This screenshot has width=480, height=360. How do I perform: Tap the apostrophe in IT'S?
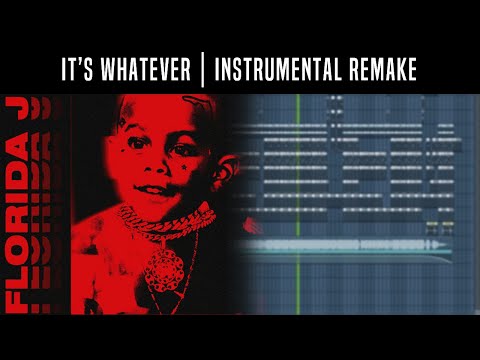[x=81, y=63]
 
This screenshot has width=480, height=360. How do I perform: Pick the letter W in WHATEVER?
[x=113, y=69]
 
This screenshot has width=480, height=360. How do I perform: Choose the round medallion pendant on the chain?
[x=164, y=264]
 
